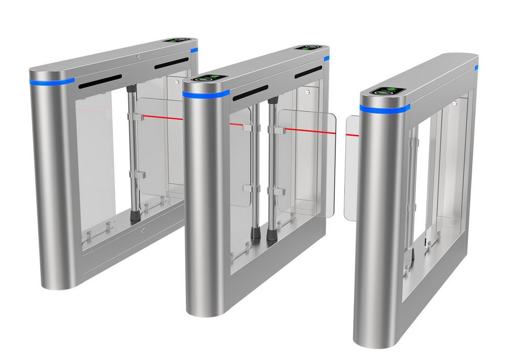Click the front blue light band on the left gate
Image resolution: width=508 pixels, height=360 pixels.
pyautogui.click(x=51, y=80)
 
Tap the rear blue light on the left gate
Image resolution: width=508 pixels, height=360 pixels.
pyautogui.click(x=194, y=50)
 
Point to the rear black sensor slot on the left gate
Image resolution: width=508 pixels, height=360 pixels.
pyautogui.click(x=171, y=63)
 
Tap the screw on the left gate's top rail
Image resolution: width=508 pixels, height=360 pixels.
pyautogui.click(x=138, y=58)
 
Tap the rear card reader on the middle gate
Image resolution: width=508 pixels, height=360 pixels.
pyautogui.click(x=309, y=48)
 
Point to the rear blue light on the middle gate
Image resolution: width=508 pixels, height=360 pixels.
pyautogui.click(x=326, y=58)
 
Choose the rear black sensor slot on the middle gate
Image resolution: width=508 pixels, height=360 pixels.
pyautogui.click(x=308, y=72)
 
